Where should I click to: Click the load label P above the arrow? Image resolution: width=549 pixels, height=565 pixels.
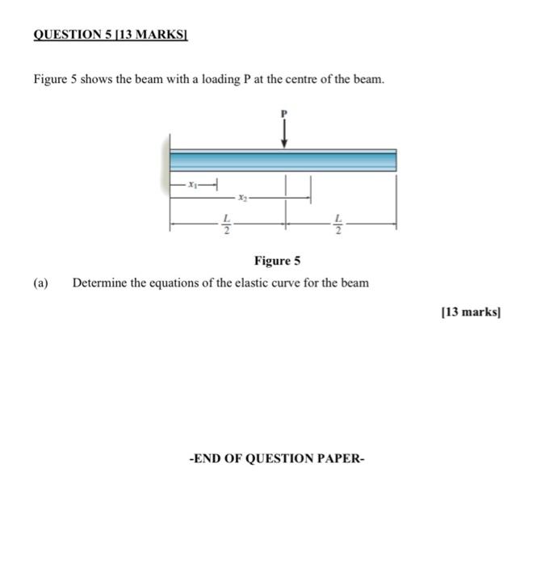click(x=283, y=114)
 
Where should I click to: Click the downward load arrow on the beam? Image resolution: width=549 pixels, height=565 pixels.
click(x=283, y=134)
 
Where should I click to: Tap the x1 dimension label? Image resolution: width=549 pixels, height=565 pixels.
click(x=192, y=185)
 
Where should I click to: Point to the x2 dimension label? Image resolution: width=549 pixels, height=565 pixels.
click(x=243, y=196)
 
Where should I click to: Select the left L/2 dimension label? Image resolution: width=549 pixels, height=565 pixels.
click(x=227, y=223)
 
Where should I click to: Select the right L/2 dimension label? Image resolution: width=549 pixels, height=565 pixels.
click(x=339, y=223)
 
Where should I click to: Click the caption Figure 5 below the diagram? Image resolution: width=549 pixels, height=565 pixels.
click(x=277, y=261)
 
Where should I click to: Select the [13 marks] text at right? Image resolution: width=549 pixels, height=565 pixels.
click(x=471, y=312)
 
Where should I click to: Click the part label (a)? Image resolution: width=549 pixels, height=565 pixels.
click(x=41, y=283)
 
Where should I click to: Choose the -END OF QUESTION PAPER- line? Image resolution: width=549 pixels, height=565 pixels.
click(x=276, y=458)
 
